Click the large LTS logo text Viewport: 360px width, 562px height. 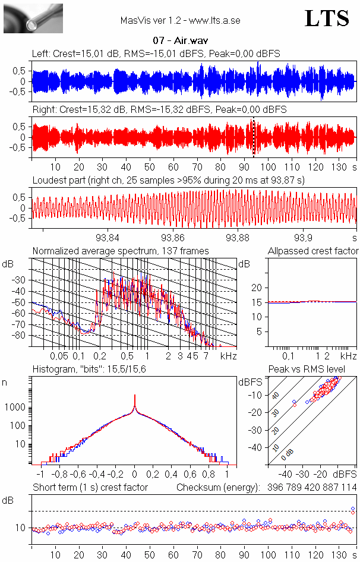[327, 19]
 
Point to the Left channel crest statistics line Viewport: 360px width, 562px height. [156, 54]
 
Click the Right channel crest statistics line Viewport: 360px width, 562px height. [159, 110]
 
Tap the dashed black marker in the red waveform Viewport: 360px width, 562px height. [254, 137]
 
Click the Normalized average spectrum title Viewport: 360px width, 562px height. [121, 251]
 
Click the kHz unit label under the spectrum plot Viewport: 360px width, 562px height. [229, 356]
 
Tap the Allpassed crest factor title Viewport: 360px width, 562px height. [313, 251]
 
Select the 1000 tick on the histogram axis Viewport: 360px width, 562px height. [15, 407]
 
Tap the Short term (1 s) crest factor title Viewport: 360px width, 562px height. [90, 488]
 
